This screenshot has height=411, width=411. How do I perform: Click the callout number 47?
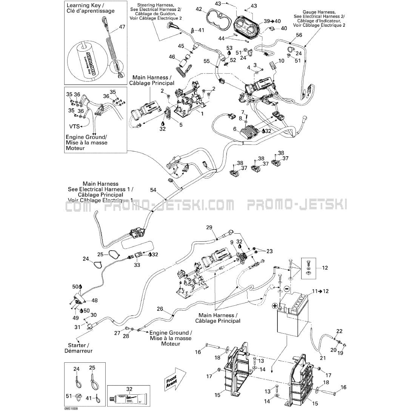(x=122, y=27)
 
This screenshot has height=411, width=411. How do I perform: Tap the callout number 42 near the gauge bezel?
(x=199, y=9)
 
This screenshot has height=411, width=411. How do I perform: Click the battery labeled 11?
(x=292, y=317)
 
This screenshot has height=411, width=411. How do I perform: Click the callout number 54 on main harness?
(x=153, y=189)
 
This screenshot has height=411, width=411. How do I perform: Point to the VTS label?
(x=74, y=126)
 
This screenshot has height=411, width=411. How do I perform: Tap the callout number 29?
(x=209, y=227)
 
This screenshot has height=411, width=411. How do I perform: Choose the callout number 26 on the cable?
(x=160, y=309)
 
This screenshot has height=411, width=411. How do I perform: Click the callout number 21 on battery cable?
(x=322, y=358)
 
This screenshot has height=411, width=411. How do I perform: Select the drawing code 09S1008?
(x=71, y=408)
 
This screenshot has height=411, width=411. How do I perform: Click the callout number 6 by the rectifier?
(x=235, y=129)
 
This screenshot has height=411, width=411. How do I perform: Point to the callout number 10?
(x=282, y=61)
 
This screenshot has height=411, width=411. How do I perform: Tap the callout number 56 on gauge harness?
(x=299, y=35)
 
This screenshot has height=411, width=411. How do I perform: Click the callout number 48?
(x=94, y=300)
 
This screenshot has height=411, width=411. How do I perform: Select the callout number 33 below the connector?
(x=137, y=265)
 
